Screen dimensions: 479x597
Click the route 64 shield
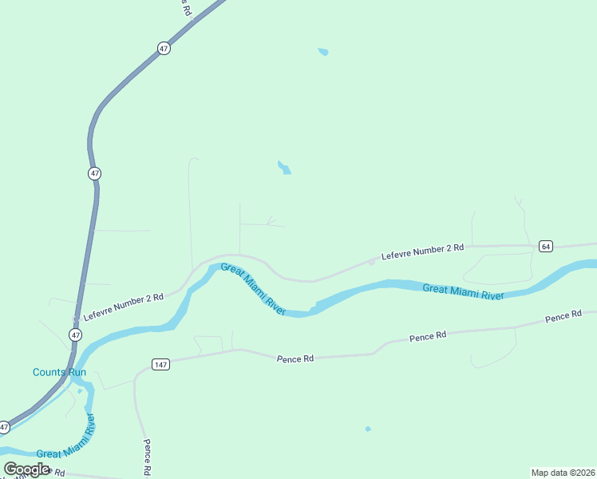[x=546, y=246]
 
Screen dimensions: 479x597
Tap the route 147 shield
[x=160, y=365]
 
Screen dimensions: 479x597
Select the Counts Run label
[x=59, y=372]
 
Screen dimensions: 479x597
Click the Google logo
[x=26, y=469]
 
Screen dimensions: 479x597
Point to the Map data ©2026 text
[x=563, y=472]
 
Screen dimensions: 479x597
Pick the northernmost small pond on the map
[x=323, y=53]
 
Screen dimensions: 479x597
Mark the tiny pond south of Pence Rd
[x=368, y=430]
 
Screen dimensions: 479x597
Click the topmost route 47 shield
[x=164, y=49]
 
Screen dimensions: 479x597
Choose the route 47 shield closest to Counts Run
[x=75, y=335]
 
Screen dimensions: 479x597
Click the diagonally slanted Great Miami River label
[x=252, y=289]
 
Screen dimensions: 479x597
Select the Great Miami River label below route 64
[x=463, y=292]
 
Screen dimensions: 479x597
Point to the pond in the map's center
[x=283, y=168]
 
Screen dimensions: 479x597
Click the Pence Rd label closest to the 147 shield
[x=295, y=359]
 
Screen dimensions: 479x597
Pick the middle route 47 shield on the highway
[x=95, y=173]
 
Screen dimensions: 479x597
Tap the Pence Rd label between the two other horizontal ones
[x=428, y=337]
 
